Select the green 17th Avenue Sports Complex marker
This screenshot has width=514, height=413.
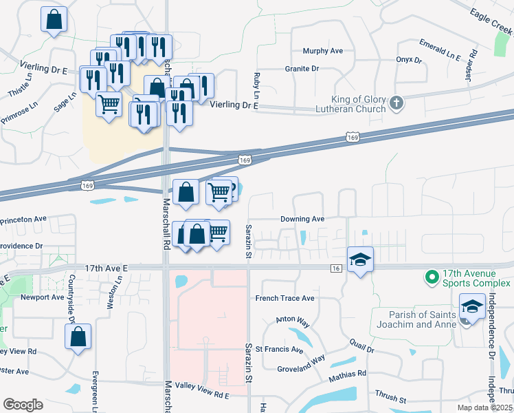tap(432, 277)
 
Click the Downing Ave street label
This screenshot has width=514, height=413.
tap(302, 219)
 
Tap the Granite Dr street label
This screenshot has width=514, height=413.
tap(302, 69)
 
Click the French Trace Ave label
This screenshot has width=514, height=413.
tap(284, 298)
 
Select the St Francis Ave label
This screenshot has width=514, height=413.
tap(279, 350)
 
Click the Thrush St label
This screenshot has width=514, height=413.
tap(390, 400)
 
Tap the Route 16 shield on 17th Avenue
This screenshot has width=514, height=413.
tap(336, 268)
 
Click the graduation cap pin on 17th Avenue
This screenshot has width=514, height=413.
tap(360, 260)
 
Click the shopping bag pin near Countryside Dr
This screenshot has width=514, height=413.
tap(78, 337)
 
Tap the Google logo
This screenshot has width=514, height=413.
tap(23, 405)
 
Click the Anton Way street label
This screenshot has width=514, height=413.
tap(289, 320)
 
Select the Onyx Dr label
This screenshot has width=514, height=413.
tap(408, 60)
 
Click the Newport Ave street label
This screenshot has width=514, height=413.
tap(42, 297)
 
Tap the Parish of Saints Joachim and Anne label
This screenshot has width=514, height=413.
tap(413, 319)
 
